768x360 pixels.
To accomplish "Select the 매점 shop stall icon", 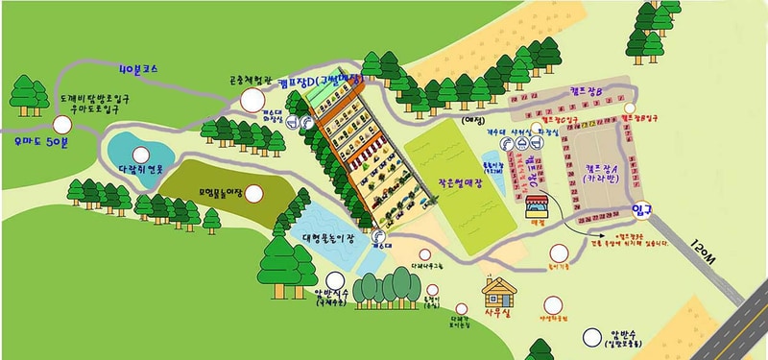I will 536,204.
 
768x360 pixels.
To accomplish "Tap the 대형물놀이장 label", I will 323,232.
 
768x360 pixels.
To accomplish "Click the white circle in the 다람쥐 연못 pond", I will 141,155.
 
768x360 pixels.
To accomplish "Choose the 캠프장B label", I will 584,90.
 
